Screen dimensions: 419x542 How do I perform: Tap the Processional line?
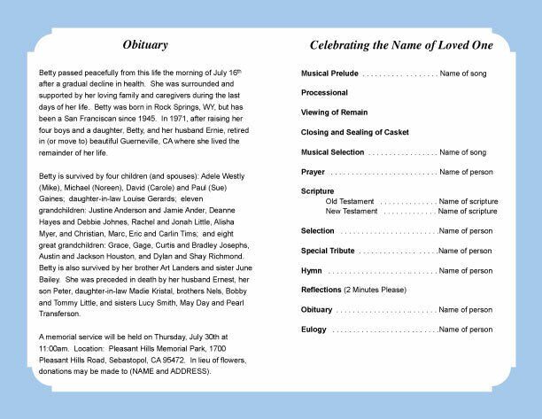click(x=324, y=92)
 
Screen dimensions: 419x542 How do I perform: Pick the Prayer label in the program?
click(x=314, y=171)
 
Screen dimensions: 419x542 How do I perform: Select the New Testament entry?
click(x=352, y=211)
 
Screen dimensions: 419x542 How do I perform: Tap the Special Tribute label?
click(x=328, y=251)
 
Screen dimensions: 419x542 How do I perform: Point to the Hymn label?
click(x=312, y=270)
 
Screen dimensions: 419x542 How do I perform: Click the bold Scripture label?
click(x=317, y=191)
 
